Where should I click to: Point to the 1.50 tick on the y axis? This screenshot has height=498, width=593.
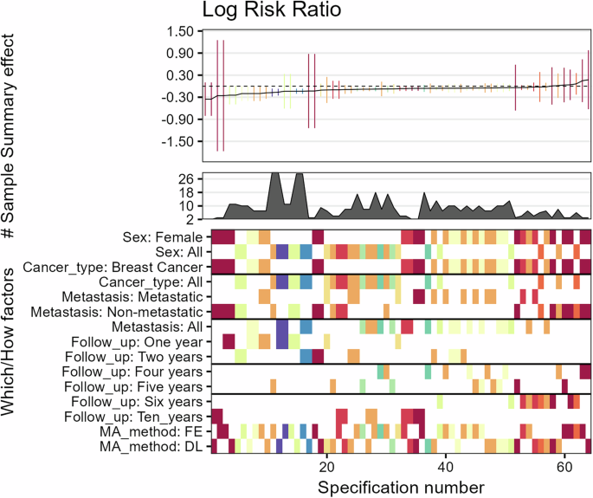pyautogui.click(x=180, y=31)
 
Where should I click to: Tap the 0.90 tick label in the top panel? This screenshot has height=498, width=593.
pyautogui.click(x=180, y=53)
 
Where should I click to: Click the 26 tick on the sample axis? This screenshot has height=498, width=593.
pyautogui.click(x=188, y=178)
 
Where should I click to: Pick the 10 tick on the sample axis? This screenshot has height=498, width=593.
pyautogui.click(x=188, y=205)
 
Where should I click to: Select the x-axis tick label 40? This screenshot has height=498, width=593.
pyautogui.click(x=445, y=463)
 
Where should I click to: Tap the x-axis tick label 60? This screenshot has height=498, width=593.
pyautogui.click(x=564, y=463)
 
